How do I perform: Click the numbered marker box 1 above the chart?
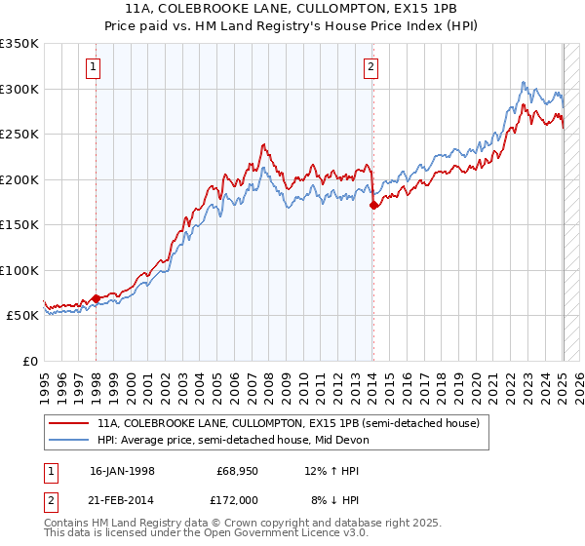click(93, 67)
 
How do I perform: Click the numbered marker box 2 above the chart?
click(371, 67)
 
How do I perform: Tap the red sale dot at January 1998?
click(97, 298)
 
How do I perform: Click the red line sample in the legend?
click(69, 424)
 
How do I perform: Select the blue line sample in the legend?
click(69, 441)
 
